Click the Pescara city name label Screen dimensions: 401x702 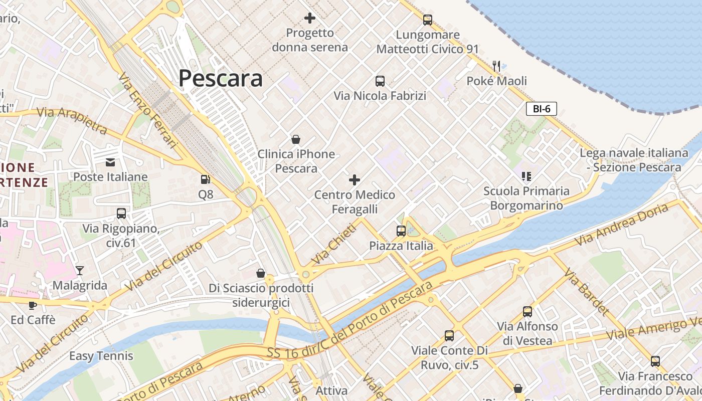220,79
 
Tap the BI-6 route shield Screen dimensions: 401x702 542,109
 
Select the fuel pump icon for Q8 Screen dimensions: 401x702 205,179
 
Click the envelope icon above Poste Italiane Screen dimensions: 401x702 110,162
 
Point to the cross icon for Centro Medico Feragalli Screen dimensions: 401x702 355,179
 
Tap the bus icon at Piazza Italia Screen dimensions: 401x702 401,231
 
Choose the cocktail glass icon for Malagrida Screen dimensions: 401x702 80,271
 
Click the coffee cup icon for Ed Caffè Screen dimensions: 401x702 33,305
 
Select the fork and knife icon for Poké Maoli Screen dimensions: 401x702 496,66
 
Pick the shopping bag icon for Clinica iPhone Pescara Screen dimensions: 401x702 296,139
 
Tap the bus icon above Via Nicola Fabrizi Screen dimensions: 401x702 380,81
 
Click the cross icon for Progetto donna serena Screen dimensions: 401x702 310,19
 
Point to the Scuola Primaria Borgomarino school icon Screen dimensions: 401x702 526,176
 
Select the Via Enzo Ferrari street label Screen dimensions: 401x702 148,111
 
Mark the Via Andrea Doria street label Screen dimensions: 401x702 621,224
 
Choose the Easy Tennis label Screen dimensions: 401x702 101,356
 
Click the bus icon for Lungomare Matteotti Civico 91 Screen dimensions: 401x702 427,20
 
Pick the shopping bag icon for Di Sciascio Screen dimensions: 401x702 261,273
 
